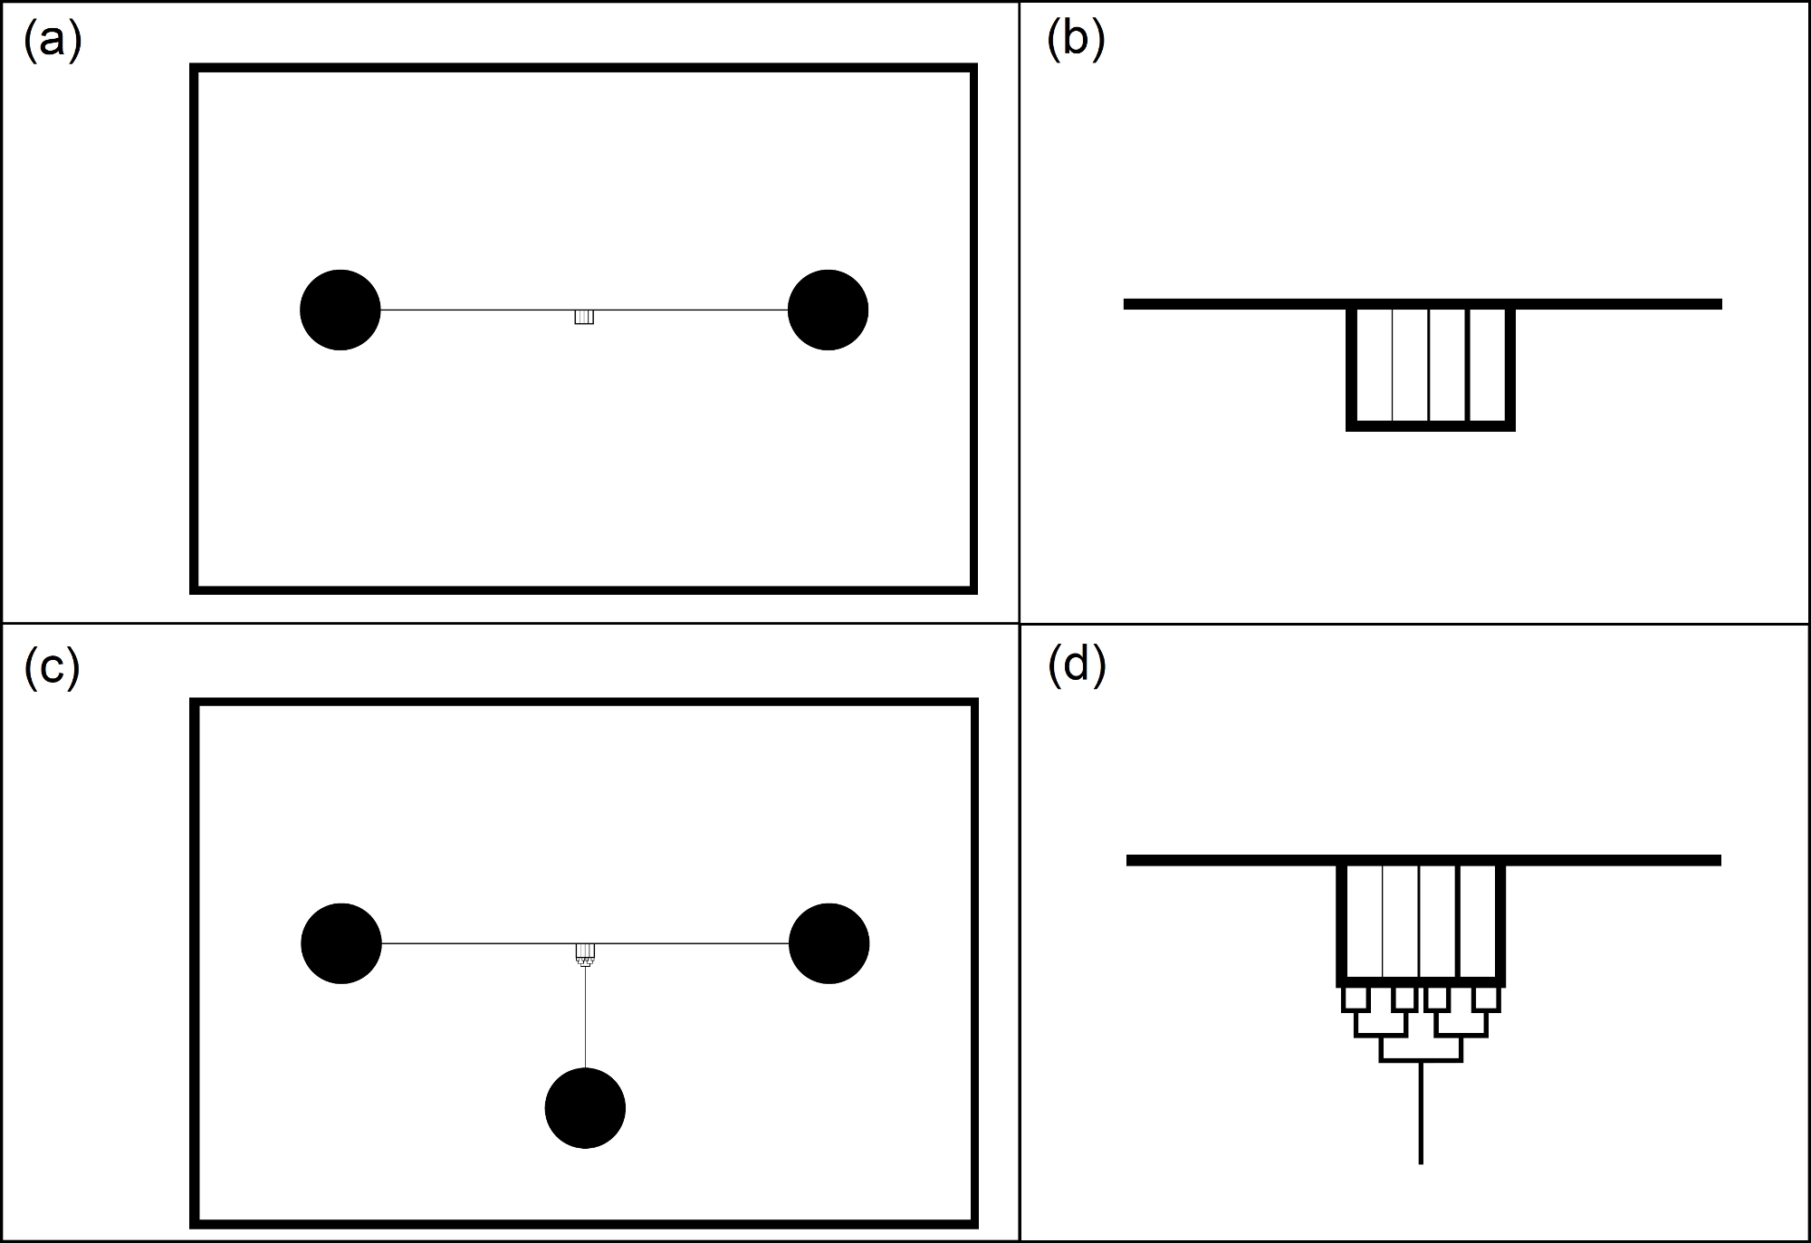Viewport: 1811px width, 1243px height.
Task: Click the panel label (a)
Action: click(x=53, y=41)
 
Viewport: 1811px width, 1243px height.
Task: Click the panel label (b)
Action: click(x=1075, y=41)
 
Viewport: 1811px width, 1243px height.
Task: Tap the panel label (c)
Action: click(x=53, y=668)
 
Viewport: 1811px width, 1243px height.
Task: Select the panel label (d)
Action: click(x=1076, y=666)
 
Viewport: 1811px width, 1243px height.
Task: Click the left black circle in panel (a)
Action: click(x=340, y=310)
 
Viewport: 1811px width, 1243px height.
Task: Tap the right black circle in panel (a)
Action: click(x=828, y=310)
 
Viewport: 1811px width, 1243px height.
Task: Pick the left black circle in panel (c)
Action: click(x=341, y=943)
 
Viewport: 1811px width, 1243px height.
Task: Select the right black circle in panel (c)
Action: click(x=829, y=943)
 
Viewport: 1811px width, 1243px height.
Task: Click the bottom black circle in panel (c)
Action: click(x=585, y=1108)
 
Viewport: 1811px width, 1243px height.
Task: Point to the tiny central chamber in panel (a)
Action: click(x=584, y=317)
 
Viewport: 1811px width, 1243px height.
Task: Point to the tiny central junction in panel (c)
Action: click(x=585, y=953)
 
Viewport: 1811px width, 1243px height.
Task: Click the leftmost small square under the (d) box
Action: click(x=1354, y=999)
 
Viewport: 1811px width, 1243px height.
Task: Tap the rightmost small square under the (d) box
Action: click(x=1487, y=999)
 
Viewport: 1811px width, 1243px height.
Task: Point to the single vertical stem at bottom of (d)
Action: click(x=1421, y=1114)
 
